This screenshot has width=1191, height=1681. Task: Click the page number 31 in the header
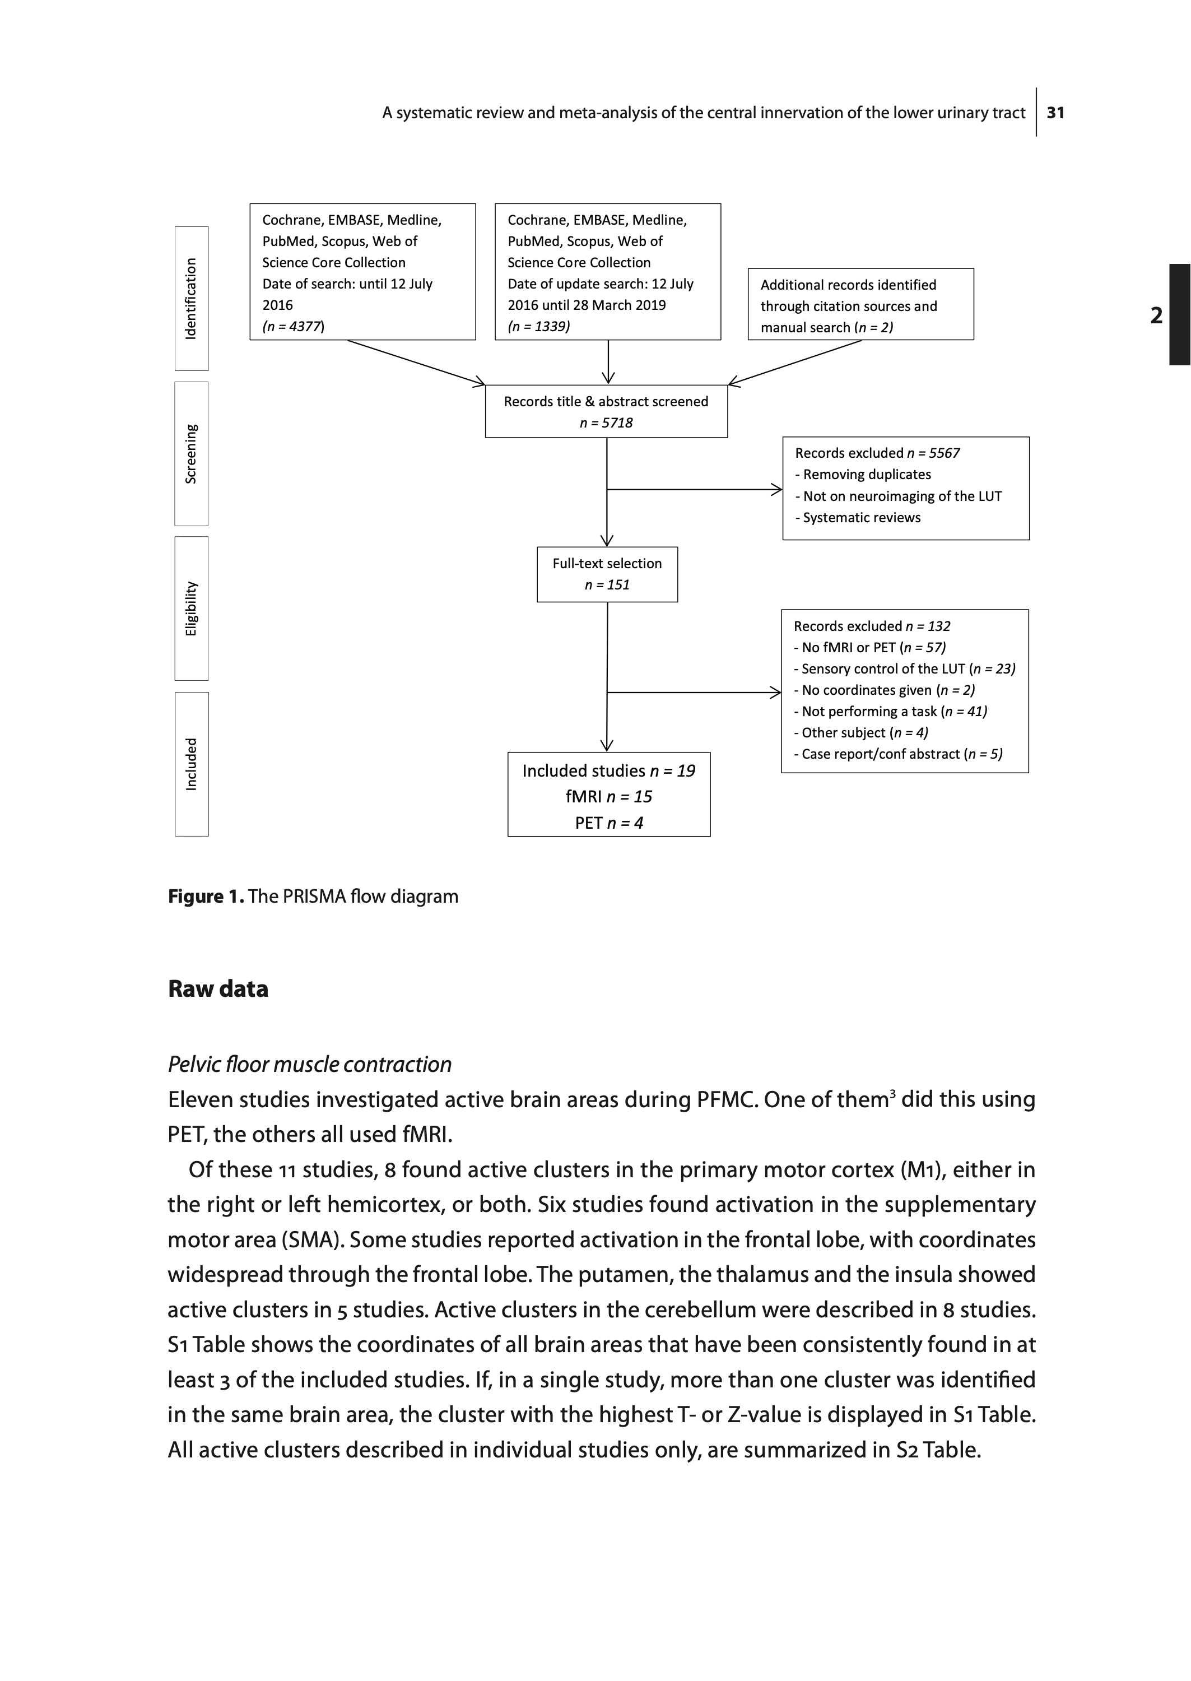(x=1055, y=113)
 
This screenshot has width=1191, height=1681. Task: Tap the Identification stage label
(x=190, y=299)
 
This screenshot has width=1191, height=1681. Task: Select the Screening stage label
(x=190, y=453)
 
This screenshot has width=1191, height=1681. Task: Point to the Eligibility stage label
(x=190, y=608)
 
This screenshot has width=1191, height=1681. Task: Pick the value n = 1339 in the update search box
(x=539, y=326)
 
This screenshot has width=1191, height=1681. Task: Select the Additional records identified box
(x=860, y=304)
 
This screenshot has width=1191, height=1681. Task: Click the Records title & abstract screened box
(x=606, y=411)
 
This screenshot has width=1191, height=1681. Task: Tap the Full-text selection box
(x=607, y=574)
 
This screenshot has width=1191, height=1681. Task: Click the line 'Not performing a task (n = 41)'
(x=890, y=712)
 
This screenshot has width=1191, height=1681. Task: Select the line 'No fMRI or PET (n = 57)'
(x=870, y=648)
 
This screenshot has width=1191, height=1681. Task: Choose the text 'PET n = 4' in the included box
(x=609, y=823)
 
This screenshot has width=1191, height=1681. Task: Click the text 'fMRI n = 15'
(x=609, y=796)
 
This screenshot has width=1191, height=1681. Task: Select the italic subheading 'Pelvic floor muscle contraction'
(x=309, y=1064)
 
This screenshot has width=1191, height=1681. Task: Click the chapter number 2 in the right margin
(x=1156, y=315)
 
